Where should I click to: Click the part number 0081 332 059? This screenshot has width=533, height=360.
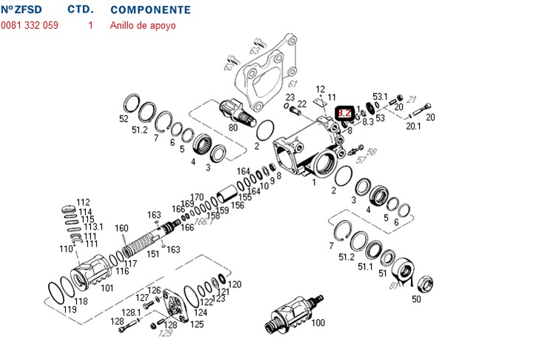tap(30, 25)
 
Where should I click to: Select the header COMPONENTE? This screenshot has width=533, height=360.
tap(150, 10)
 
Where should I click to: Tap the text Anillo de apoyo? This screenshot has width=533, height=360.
tap(144, 25)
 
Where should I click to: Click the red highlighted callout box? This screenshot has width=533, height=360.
tap(344, 114)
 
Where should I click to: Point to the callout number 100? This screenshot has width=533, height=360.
tap(318, 324)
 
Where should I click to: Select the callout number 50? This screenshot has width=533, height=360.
tap(416, 299)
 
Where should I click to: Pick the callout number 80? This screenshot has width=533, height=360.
tap(233, 127)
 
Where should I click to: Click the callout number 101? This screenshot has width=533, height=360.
tap(107, 287)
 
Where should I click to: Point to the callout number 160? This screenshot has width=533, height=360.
tap(121, 228)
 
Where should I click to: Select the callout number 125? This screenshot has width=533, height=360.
tap(198, 324)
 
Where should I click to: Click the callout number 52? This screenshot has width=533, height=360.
tap(124, 119)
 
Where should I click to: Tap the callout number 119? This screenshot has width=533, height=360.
tap(70, 310)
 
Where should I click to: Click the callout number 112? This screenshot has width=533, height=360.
tap(83, 202)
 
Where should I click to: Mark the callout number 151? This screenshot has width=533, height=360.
tap(152, 254)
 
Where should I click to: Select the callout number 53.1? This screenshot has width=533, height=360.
tap(381, 96)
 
